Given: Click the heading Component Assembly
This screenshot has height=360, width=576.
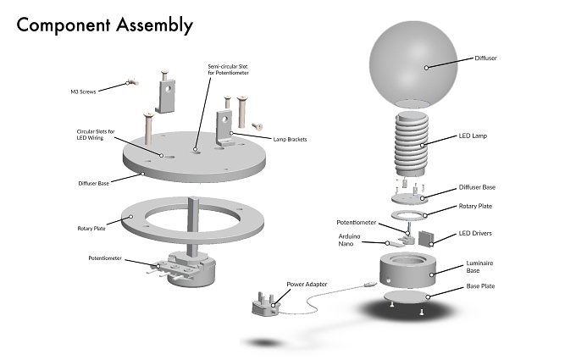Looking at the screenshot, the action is (105, 25).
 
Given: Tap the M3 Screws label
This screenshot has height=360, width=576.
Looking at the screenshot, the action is (83, 91).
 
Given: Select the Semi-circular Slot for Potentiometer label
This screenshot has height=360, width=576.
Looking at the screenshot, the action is (228, 69).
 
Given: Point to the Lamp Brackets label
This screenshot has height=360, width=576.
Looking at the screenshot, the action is (290, 139).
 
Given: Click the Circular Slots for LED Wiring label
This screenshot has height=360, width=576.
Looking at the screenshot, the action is (96, 135).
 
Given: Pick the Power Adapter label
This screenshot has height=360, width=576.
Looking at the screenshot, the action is (307, 285).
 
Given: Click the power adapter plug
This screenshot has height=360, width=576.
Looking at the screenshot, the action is (265, 304).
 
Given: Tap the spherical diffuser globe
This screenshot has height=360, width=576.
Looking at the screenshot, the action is (413, 64).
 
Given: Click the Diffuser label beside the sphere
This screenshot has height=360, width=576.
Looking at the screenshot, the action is (485, 58).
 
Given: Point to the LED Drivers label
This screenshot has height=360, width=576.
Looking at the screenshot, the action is (475, 233).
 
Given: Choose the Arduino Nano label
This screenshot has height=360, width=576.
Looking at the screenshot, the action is (349, 240).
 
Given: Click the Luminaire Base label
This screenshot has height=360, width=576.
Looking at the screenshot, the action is (479, 267).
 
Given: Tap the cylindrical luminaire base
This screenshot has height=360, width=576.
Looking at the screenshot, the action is (407, 270).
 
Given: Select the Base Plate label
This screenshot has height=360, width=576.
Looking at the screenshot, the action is (480, 286).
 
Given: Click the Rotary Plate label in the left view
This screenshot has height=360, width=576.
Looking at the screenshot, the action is (91, 229).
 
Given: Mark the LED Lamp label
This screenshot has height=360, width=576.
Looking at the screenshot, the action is (473, 136).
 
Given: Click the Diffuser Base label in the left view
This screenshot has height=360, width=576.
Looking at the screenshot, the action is (94, 183).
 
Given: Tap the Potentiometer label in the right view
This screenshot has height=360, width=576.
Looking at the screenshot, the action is (357, 223).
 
